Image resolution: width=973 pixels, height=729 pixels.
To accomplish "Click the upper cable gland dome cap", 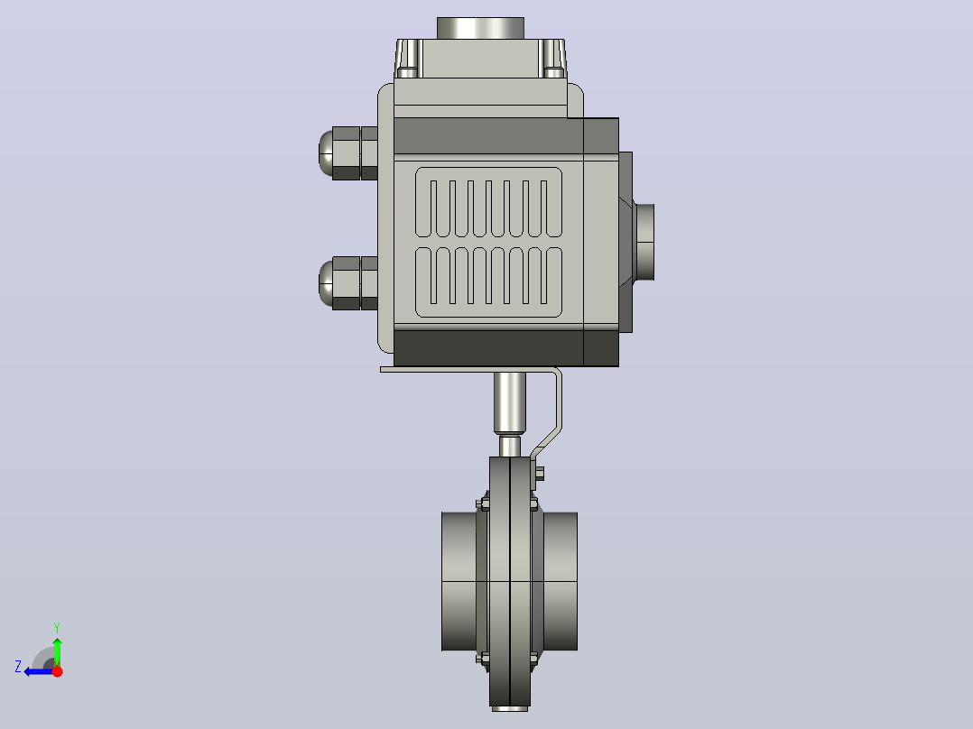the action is point(325,152).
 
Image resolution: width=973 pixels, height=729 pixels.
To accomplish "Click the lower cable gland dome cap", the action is point(325,283).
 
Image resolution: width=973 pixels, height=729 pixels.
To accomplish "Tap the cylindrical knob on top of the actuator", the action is point(480,29).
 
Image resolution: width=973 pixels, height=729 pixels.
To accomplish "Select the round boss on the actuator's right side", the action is point(644,242).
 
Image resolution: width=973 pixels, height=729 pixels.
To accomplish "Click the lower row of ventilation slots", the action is point(488,282).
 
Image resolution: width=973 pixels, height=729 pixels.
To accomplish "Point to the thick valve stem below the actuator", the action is point(509,402).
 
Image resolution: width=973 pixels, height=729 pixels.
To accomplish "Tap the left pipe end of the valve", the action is point(459,581).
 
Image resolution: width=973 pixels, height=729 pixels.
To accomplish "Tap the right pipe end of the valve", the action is point(561,581).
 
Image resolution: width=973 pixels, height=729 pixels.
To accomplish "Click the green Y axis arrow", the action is point(57,651).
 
